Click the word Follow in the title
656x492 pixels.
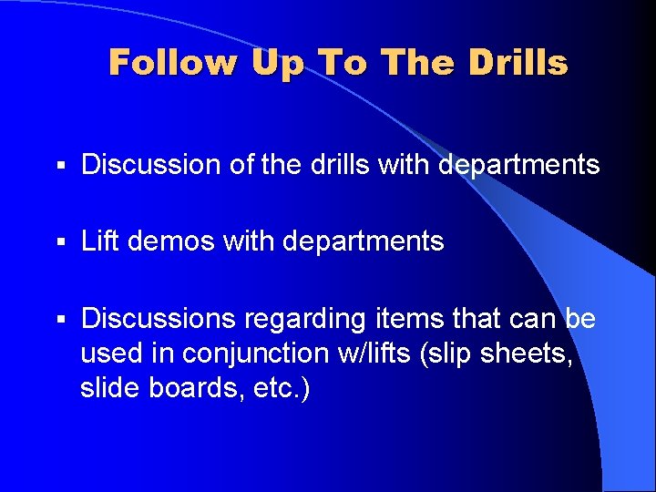click(172, 63)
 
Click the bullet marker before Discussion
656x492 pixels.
click(60, 166)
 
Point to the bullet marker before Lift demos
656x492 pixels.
click(60, 242)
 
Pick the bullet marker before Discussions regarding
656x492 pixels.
click(60, 320)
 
